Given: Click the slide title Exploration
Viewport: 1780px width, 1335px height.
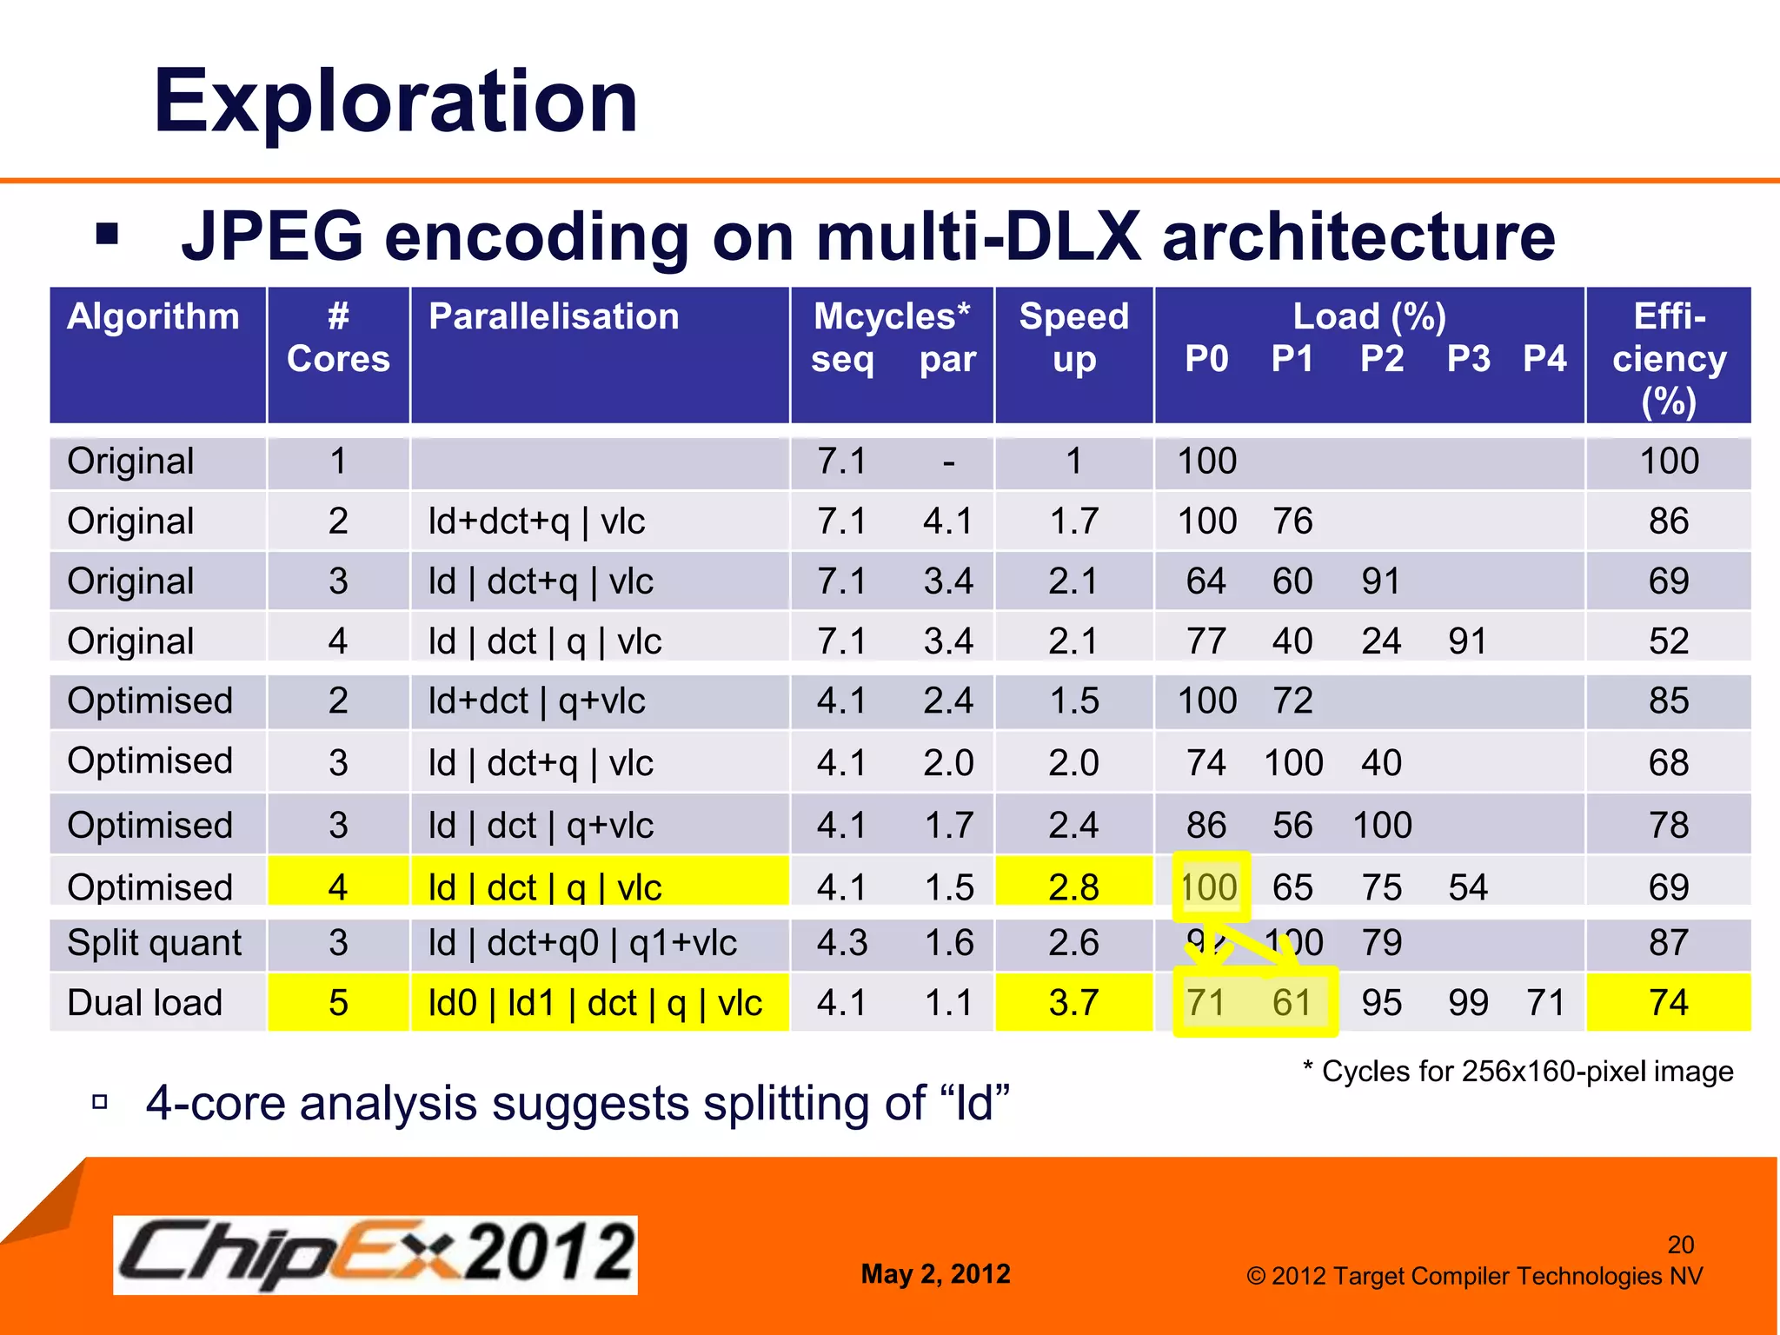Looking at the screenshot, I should click(x=395, y=102).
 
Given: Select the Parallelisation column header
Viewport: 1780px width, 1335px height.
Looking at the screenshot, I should click(x=554, y=316).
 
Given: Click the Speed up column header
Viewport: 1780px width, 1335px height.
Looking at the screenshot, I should click(x=1073, y=337).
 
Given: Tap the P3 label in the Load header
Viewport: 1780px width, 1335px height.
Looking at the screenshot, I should click(x=1468, y=358).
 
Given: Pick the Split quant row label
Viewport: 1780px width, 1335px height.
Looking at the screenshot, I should click(x=154, y=943).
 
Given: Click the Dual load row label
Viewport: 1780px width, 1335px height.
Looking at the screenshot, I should click(x=144, y=1003).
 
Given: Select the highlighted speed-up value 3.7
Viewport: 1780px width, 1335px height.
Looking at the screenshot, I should click(x=1073, y=1003).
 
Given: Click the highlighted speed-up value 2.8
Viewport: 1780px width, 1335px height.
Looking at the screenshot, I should click(x=1073, y=887).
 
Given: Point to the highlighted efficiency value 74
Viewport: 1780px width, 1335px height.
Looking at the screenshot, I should click(x=1668, y=1003).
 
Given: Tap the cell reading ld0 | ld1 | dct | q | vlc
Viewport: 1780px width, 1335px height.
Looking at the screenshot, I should click(x=594, y=1003).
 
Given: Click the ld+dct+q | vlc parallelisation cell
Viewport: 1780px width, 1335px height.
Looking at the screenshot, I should click(x=536, y=521).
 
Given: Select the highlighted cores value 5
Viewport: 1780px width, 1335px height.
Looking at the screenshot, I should click(x=338, y=1003).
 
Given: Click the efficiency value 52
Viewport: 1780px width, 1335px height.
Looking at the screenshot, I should click(x=1668, y=641).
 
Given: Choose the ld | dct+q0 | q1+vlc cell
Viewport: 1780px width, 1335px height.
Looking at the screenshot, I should click(x=582, y=943).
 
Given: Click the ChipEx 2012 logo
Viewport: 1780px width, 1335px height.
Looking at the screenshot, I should click(x=375, y=1254).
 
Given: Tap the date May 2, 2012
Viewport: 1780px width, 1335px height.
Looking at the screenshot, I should click(x=935, y=1274).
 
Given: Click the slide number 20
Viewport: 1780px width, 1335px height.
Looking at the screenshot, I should click(x=1680, y=1245).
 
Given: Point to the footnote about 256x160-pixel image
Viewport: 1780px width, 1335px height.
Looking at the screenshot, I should click(x=1518, y=1072).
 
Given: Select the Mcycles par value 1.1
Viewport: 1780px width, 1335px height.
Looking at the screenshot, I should click(x=948, y=1003).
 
